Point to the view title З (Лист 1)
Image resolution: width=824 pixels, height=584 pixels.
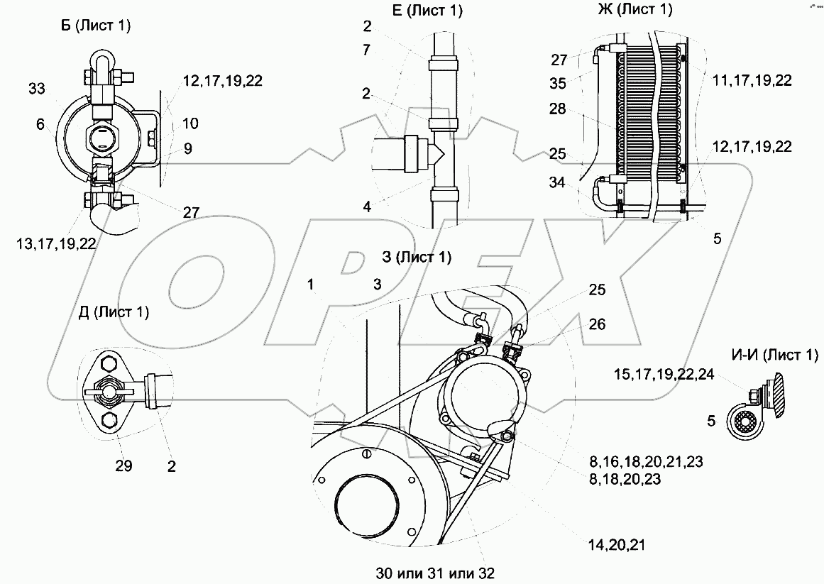[417, 257]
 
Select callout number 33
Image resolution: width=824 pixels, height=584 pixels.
[38, 89]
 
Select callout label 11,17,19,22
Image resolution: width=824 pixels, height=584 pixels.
[752, 80]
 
